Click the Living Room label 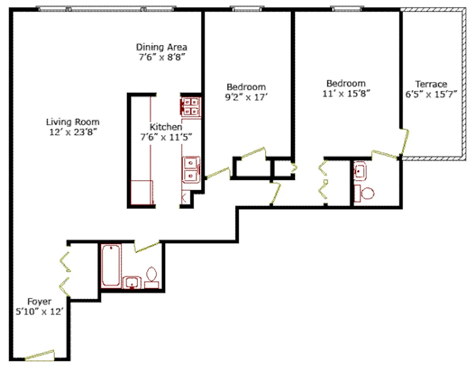(72, 122)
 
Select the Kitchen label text (166, 127)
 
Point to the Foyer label (40, 302)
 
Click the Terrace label (431, 84)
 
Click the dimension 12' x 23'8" (72, 132)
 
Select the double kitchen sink (191, 169)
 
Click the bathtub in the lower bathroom (111, 265)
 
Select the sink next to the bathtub (132, 283)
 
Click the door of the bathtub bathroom (147, 246)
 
